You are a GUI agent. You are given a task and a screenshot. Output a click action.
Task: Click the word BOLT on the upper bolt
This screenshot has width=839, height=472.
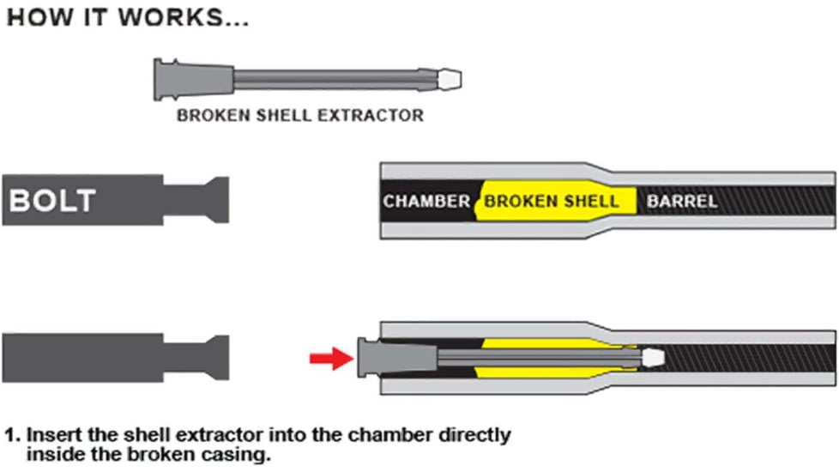[x=52, y=201]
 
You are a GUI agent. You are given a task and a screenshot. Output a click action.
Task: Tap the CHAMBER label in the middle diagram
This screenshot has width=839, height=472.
[x=426, y=202]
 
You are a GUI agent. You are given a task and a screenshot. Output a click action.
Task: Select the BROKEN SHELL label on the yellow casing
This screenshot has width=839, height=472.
[x=551, y=202]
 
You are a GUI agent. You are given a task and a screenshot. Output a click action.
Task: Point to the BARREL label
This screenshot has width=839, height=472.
[x=681, y=202]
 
